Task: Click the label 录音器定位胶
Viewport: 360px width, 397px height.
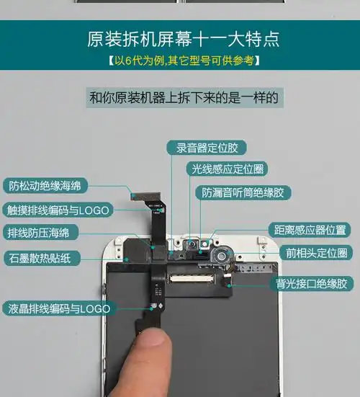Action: point(207,148)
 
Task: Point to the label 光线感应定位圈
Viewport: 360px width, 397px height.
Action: point(227,169)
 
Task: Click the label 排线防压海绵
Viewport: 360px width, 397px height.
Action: point(43,233)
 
